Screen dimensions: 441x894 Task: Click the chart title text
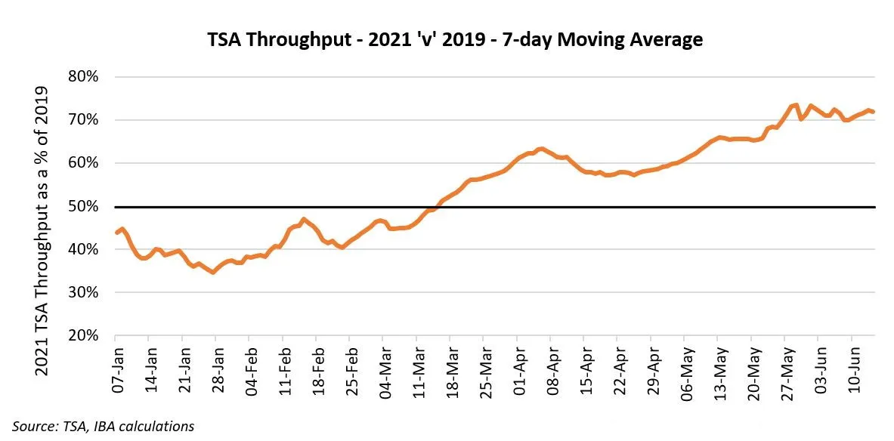tap(455, 39)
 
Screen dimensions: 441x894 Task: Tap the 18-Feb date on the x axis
tap(320, 372)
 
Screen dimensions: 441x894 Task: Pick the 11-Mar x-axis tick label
tap(420, 372)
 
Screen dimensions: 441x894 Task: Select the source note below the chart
tap(103, 427)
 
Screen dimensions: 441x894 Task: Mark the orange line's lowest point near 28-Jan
tap(213, 272)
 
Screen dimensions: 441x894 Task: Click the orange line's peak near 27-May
tap(796, 105)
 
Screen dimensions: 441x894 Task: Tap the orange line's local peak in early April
tap(541, 149)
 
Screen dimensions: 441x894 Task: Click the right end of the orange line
tap(874, 112)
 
